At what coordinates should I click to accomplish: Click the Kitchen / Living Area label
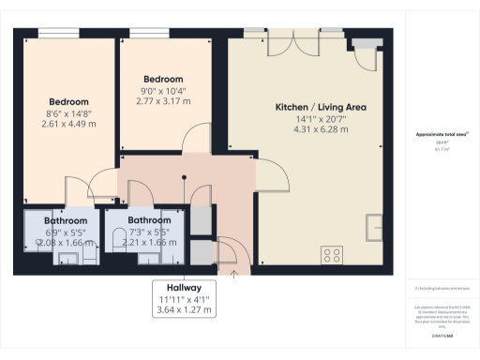coord(321,107)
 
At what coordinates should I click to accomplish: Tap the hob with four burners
coord(331,254)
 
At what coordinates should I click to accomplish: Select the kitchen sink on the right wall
coord(376,225)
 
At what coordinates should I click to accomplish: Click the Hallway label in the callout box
coord(183,287)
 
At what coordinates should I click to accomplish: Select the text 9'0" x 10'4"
coord(163,91)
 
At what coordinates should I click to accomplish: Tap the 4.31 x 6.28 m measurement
coord(321,130)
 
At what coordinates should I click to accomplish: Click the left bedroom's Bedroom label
coord(69,101)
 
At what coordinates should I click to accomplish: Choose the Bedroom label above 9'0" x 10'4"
coord(163,79)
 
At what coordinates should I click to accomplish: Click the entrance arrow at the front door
coord(232,273)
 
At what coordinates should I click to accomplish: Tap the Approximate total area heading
coord(442,135)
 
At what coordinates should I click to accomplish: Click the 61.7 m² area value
coord(442,149)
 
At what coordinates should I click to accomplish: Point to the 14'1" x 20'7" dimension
coord(321,119)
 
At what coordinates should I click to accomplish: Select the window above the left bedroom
coord(52,34)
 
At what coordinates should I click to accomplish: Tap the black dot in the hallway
coord(184,175)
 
